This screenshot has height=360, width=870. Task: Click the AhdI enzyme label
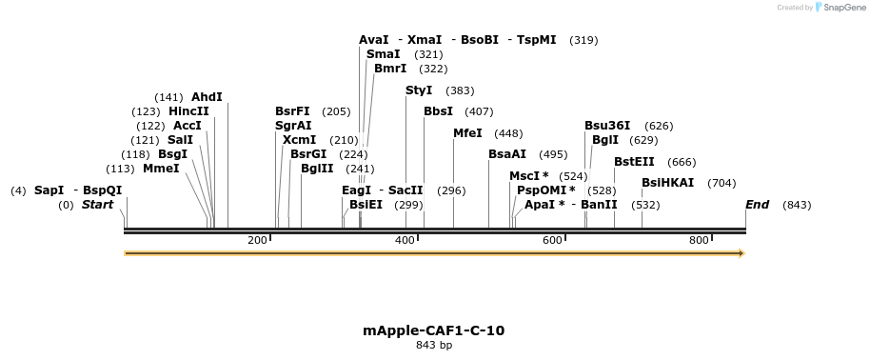[207, 97]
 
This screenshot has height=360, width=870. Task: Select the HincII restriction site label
[188, 111]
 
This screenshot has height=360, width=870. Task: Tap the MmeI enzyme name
[161, 169]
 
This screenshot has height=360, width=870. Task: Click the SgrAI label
[293, 126]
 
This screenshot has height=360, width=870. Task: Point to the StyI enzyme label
[419, 90]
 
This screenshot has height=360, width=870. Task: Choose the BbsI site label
[438, 111]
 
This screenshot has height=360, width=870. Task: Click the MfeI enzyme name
[467, 133]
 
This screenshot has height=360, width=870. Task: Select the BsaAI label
[507, 154]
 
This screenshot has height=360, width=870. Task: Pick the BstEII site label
[634, 162]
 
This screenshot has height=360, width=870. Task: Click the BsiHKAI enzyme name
[668, 183]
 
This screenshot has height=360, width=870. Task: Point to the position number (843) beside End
[797, 205]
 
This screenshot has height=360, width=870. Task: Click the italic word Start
[97, 205]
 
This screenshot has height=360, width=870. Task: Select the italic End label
[757, 205]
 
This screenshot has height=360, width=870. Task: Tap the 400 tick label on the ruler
[404, 240]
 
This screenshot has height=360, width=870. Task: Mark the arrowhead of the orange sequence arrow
[741, 253]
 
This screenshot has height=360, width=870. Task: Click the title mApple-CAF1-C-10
[434, 330]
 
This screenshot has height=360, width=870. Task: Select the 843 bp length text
[434, 345]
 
